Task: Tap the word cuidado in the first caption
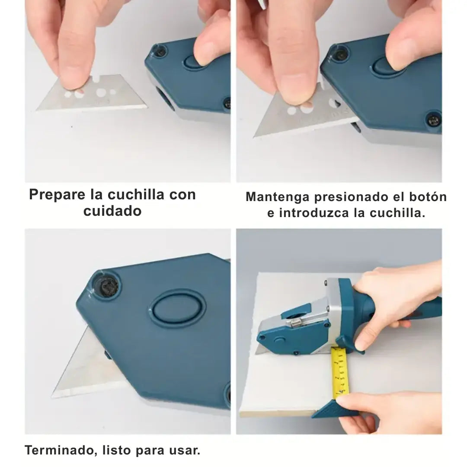[112, 211]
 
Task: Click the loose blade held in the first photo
[93, 93]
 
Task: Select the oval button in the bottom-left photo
[178, 308]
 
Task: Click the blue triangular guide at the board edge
[333, 408]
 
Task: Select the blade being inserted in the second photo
[301, 115]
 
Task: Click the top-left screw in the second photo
[340, 54]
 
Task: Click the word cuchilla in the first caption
[136, 195]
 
